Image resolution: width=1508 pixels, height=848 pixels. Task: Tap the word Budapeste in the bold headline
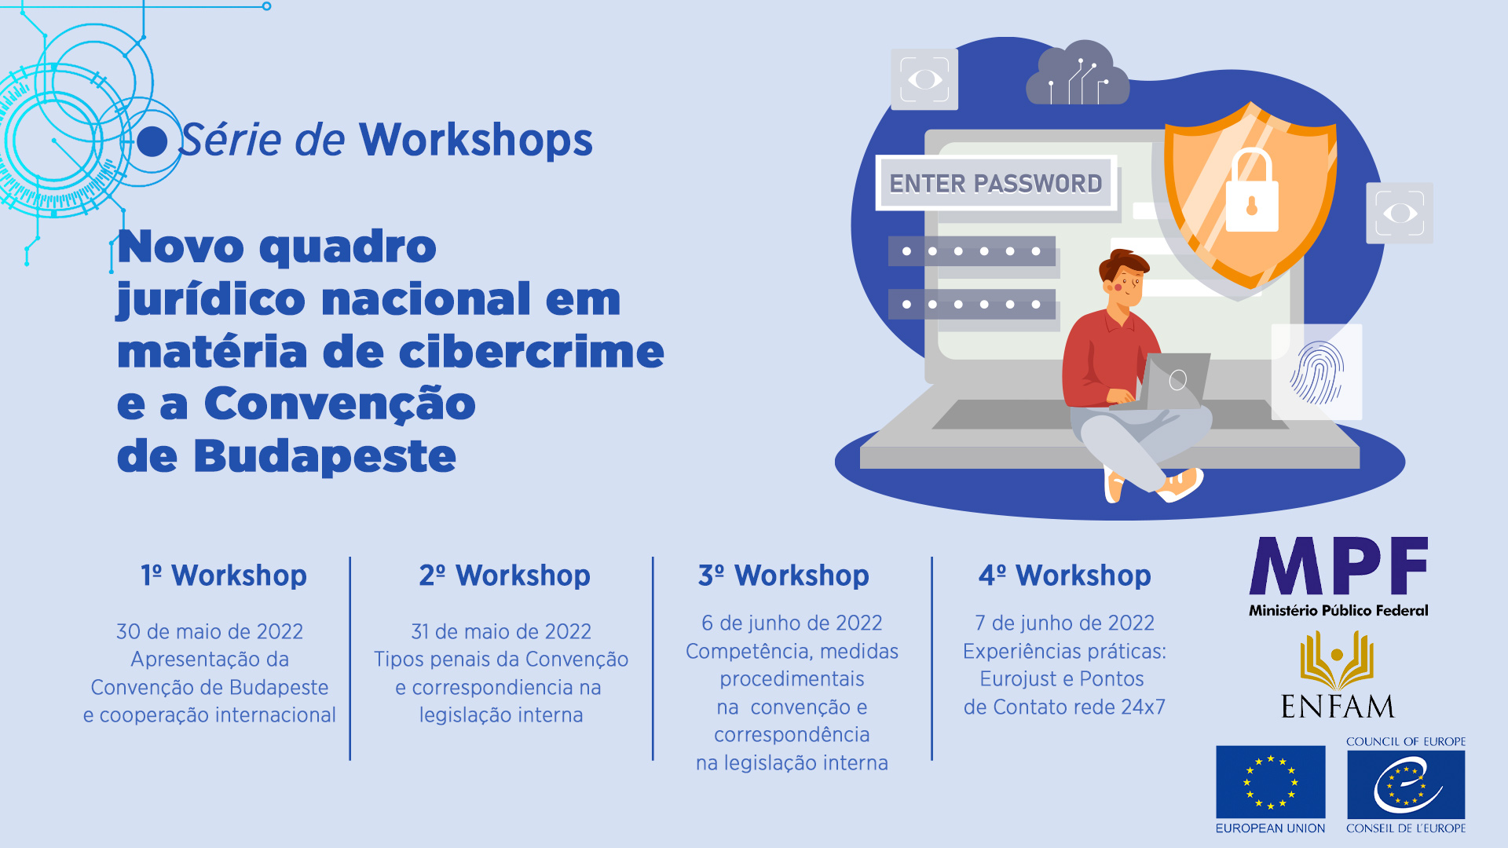click(x=324, y=456)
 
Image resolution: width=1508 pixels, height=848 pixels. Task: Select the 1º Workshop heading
click(x=224, y=576)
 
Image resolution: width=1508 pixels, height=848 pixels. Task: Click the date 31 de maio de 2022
click(x=501, y=631)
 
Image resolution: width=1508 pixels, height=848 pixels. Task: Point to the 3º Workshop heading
click(x=784, y=576)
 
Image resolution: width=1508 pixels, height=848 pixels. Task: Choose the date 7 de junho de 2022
click(x=1064, y=623)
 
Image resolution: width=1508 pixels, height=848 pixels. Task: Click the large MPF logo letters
click(x=1338, y=566)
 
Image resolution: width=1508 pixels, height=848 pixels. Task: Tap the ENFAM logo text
click(x=1338, y=707)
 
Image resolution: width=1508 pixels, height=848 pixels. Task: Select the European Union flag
click(x=1270, y=782)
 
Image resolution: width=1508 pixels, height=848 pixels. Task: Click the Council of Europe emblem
click(x=1406, y=784)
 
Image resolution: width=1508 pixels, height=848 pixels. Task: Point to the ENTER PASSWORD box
click(x=996, y=183)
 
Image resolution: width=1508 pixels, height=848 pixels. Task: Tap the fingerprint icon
click(x=1317, y=372)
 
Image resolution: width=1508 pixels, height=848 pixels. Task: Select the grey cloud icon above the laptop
click(x=1078, y=73)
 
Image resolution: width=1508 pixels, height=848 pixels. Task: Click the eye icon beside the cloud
click(x=924, y=79)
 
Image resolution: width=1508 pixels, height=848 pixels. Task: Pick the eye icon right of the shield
click(x=1400, y=213)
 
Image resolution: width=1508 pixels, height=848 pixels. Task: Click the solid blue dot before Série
click(x=152, y=141)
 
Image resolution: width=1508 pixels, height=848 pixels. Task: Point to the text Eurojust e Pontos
click(x=1062, y=678)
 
